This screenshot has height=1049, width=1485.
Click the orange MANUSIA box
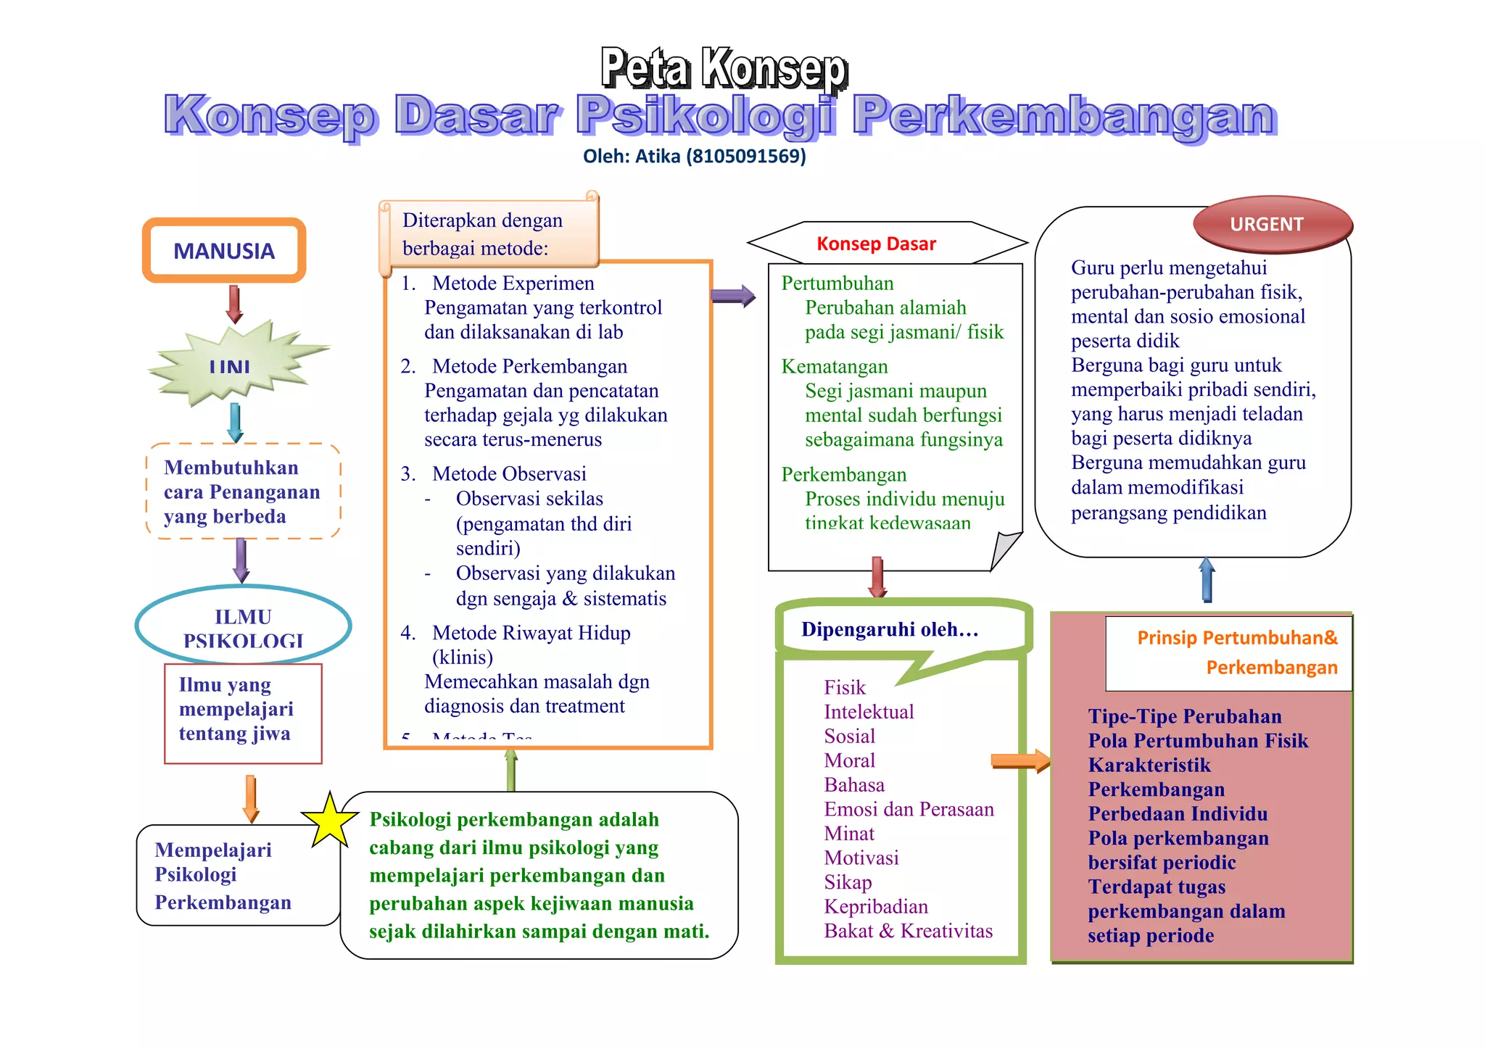pos(224,251)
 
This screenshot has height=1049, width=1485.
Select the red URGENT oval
pos(1273,224)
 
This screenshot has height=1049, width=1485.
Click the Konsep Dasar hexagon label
pos(876,244)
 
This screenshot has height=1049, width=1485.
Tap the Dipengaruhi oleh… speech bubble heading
pos(890,629)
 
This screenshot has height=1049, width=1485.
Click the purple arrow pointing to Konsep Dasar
pos(732,296)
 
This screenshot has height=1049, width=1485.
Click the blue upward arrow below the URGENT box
pos(1207,580)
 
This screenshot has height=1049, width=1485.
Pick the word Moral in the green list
pos(849,760)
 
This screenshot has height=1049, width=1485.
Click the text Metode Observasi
pos(509,473)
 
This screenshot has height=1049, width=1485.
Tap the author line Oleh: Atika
pos(694,156)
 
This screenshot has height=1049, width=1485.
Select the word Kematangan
pos(834,366)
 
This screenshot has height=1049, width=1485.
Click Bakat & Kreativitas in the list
pos(908,931)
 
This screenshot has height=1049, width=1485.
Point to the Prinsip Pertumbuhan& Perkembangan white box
pos(1228,652)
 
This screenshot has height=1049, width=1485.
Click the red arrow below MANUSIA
pos(233,304)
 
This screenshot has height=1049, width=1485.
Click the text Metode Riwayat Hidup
pos(531,633)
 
